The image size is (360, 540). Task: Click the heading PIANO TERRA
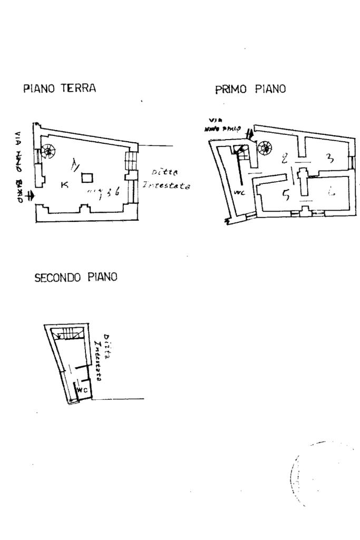click(60, 89)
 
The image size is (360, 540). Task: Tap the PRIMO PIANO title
click(250, 90)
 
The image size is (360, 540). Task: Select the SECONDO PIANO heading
click(75, 278)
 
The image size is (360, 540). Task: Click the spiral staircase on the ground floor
click(49, 151)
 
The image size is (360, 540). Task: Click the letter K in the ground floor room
click(64, 184)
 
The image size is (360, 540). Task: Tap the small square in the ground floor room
click(87, 178)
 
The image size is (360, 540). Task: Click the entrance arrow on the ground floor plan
click(30, 197)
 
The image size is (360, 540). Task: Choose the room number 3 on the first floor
click(329, 158)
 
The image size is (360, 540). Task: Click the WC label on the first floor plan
click(238, 192)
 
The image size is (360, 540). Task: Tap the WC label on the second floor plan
click(82, 390)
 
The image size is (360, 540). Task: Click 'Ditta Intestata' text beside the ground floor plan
click(166, 179)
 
